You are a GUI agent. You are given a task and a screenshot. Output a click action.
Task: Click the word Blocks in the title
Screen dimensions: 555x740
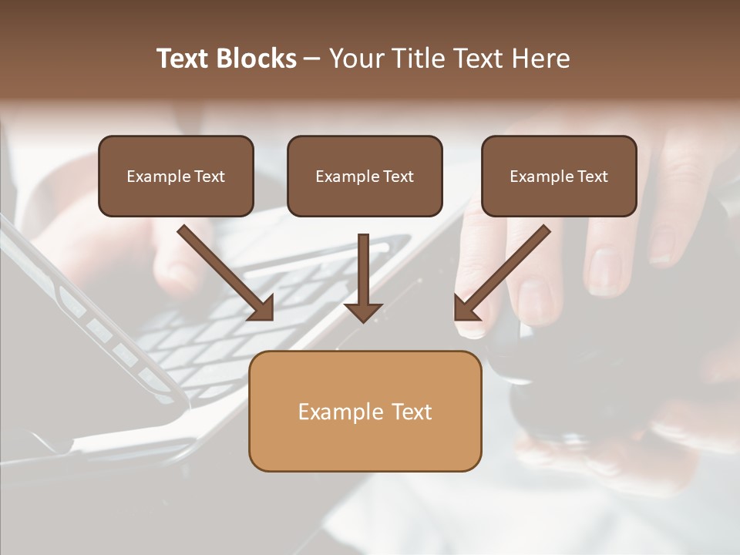pyautogui.click(x=257, y=59)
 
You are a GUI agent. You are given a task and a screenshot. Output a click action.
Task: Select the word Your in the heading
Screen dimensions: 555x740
pyautogui.click(x=357, y=59)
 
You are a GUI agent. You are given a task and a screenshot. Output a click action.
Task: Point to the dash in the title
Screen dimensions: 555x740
pyautogui.click(x=312, y=59)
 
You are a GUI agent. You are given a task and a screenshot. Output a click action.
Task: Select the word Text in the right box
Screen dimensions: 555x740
pyautogui.click(x=593, y=177)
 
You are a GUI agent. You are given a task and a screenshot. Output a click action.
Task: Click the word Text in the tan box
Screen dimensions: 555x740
pyautogui.click(x=412, y=412)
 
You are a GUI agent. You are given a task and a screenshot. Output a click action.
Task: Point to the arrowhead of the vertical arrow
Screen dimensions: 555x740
pyautogui.click(x=363, y=311)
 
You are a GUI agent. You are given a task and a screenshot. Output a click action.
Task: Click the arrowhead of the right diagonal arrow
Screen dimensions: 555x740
pyautogui.click(x=465, y=309)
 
